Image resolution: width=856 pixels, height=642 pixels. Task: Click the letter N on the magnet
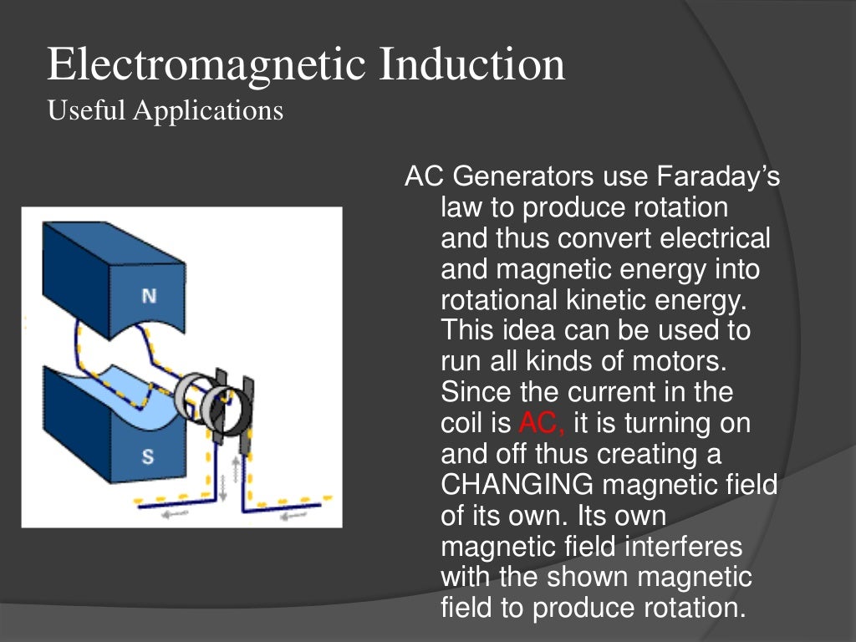click(149, 296)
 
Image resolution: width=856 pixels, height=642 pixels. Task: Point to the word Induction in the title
click(471, 65)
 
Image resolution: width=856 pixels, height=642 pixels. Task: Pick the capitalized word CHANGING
click(517, 484)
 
